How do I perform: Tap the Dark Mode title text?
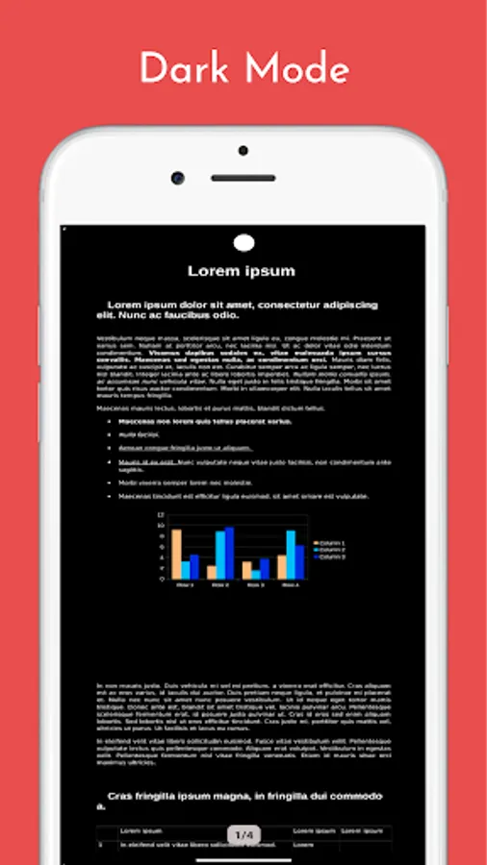click(243, 69)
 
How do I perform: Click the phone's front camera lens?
click(178, 178)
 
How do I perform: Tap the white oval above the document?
click(244, 242)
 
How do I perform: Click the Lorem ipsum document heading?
click(241, 271)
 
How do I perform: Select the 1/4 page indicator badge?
click(243, 834)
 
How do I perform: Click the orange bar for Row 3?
click(246, 570)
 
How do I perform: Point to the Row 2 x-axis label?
click(219, 584)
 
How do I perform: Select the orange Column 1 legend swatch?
click(315, 543)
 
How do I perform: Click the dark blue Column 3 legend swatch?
click(315, 556)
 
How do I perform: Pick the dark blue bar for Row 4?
click(299, 562)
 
